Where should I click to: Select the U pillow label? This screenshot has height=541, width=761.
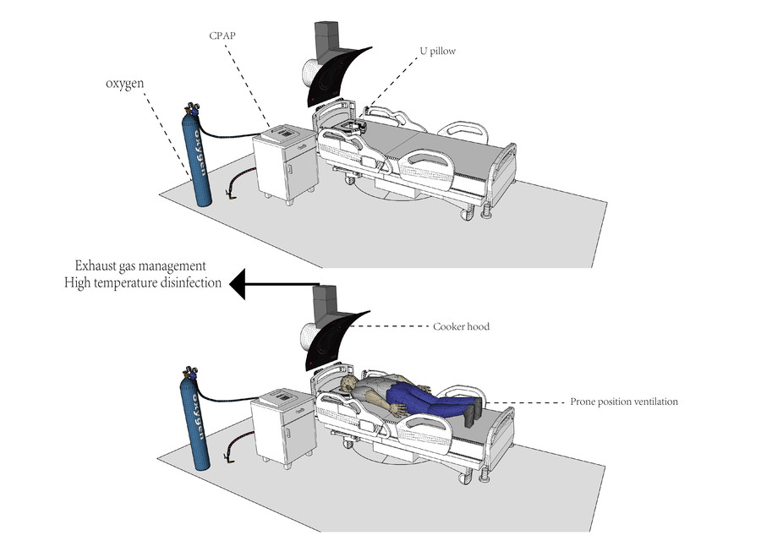click(438, 52)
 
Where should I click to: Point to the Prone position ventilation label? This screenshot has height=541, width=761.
click(624, 402)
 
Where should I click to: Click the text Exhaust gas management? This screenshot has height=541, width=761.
click(140, 265)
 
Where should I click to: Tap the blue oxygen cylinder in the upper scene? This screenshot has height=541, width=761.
click(200, 161)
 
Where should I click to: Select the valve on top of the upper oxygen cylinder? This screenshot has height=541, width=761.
click(189, 108)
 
